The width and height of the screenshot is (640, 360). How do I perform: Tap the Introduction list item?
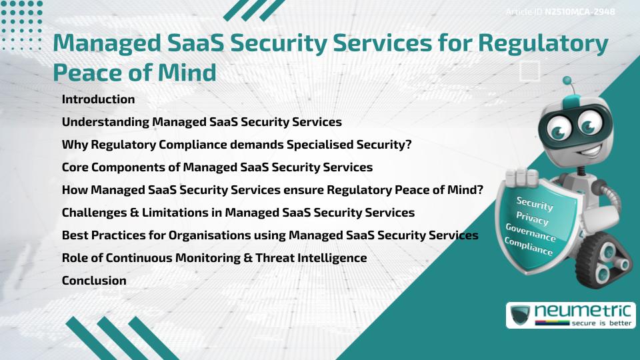pyautogui.click(x=98, y=99)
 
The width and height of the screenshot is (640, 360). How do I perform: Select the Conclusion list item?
pyautogui.click(x=94, y=281)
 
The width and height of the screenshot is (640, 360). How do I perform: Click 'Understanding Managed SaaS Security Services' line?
pyautogui.click(x=201, y=122)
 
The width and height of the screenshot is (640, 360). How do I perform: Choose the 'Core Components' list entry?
pyautogui.click(x=217, y=167)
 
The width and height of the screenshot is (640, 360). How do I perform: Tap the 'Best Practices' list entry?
pyautogui.click(x=269, y=235)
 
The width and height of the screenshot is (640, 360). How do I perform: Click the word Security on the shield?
pyautogui.click(x=535, y=204)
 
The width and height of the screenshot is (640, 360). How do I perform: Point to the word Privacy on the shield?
pyautogui.click(x=532, y=219)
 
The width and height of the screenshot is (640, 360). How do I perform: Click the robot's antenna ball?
pyautogui.click(x=567, y=81)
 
